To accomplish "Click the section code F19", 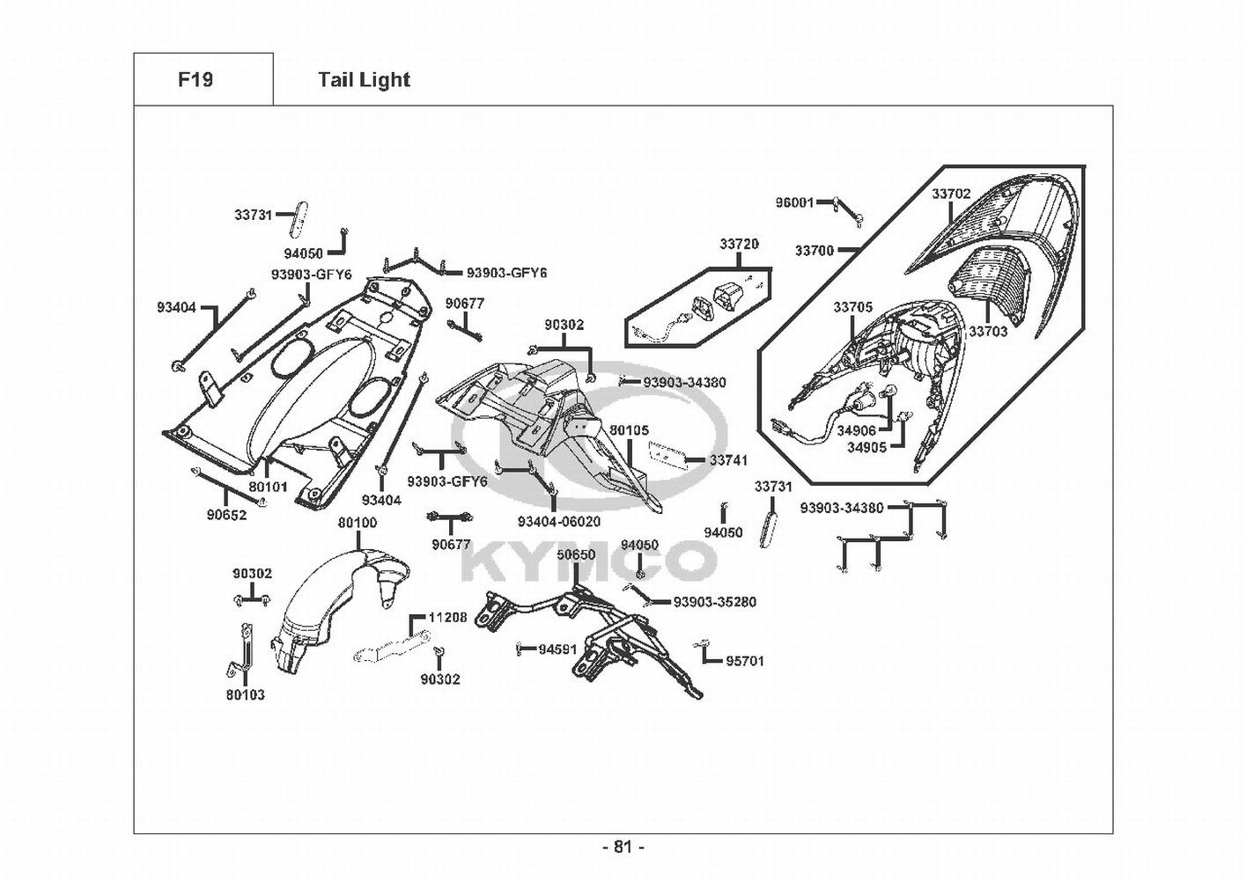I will click(x=195, y=80).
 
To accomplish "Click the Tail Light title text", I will click(x=364, y=80).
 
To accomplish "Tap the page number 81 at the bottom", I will click(x=623, y=847).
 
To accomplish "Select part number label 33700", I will click(x=814, y=251).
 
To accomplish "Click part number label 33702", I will click(x=951, y=194).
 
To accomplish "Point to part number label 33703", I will click(x=988, y=332).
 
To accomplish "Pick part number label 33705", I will click(x=852, y=307).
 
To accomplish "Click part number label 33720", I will click(x=739, y=244).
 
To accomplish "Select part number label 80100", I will click(x=358, y=523).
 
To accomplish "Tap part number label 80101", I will click(x=268, y=486).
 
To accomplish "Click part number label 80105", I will click(x=629, y=430).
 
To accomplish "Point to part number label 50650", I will click(x=577, y=555).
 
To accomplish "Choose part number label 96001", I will click(x=794, y=202).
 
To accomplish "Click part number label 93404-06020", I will click(x=559, y=522).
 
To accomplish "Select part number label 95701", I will click(x=745, y=661).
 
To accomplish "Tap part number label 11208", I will click(x=447, y=618).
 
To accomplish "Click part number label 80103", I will click(x=245, y=694).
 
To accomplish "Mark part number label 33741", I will click(x=728, y=460).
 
